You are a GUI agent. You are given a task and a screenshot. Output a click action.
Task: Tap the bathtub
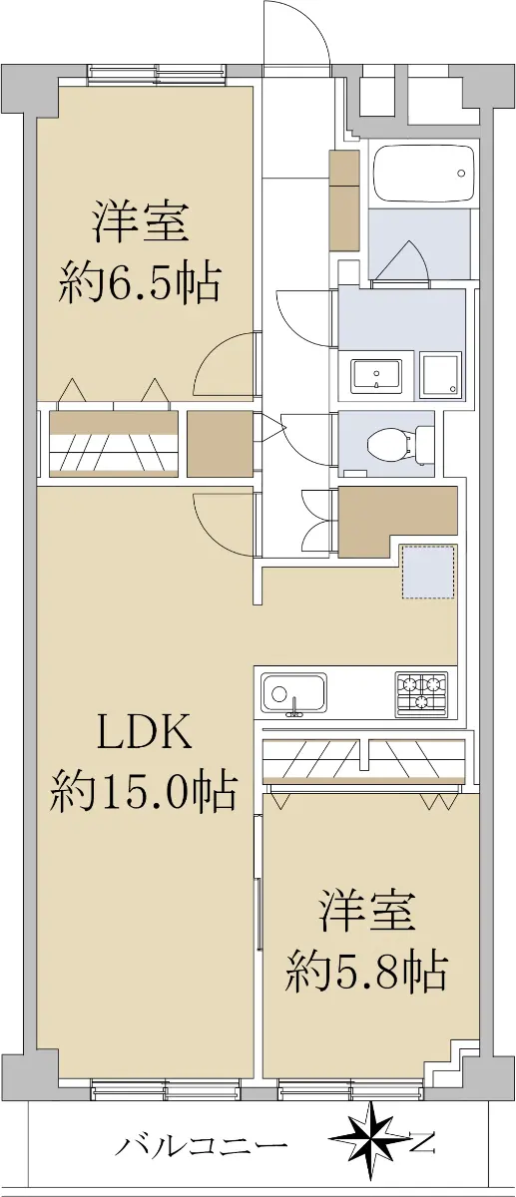pyautogui.click(x=424, y=173)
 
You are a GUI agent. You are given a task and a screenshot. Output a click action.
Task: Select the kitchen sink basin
pyautogui.click(x=293, y=693)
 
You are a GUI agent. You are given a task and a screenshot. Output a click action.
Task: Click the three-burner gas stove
pyautogui.click(x=421, y=694)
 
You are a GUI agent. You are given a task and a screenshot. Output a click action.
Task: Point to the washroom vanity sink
pyautogui.click(x=376, y=376)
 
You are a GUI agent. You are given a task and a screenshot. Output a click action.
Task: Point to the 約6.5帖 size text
pyautogui.click(x=140, y=283)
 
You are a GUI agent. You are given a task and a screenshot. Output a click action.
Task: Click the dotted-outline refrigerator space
pyautogui.click(x=430, y=572)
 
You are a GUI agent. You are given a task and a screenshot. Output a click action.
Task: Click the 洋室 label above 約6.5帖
pyautogui.click(x=141, y=222)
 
